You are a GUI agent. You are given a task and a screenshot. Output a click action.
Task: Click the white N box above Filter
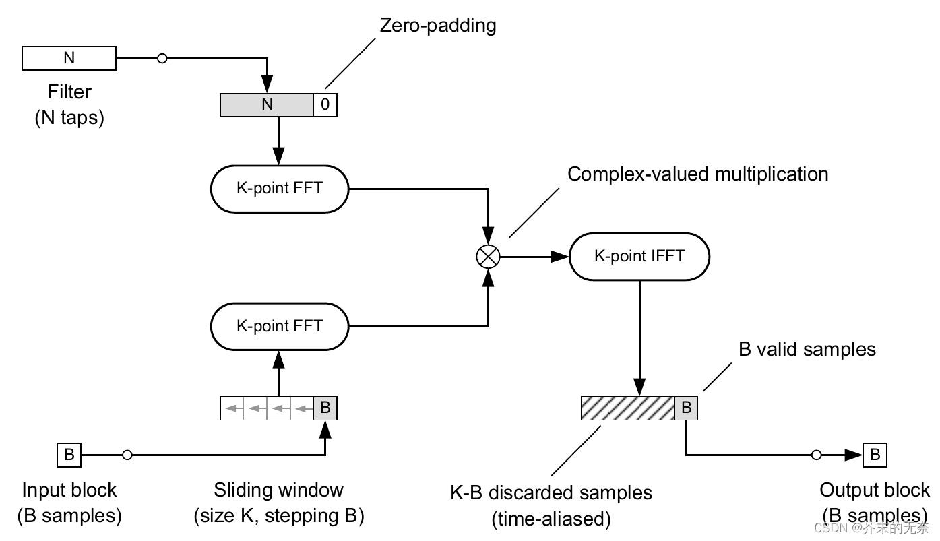point(69,59)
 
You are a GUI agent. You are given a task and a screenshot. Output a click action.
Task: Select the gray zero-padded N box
point(268,104)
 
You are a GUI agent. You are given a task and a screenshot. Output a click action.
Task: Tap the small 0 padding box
point(325,104)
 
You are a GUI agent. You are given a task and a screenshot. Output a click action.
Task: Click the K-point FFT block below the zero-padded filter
point(280,188)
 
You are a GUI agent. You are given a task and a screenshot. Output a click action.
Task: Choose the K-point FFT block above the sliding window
point(280,326)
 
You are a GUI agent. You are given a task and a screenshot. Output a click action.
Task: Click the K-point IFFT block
point(639,256)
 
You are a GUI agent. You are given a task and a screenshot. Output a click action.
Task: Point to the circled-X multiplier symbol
point(487,256)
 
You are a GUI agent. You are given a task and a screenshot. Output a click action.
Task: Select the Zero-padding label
point(438,26)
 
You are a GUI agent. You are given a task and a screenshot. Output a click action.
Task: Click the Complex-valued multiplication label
point(697,174)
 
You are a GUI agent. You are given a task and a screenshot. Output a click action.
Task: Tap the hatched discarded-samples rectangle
point(627,408)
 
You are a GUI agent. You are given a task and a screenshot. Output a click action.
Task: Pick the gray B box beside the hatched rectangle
point(686,408)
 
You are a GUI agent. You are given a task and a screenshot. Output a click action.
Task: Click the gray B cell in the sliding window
point(325,408)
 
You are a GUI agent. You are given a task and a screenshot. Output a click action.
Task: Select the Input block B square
point(69,455)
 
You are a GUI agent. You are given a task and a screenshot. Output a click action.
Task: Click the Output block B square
point(875,455)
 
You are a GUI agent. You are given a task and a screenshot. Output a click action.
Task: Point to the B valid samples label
point(807,349)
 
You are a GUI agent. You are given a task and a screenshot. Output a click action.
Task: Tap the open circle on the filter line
point(162,59)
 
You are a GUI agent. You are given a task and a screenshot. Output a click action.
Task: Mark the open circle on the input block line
point(127,455)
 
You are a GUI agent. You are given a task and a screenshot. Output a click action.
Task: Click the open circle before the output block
point(817,455)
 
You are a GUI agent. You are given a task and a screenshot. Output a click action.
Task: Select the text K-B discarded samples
point(551,492)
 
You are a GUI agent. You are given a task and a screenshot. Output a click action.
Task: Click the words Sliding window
point(278,490)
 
